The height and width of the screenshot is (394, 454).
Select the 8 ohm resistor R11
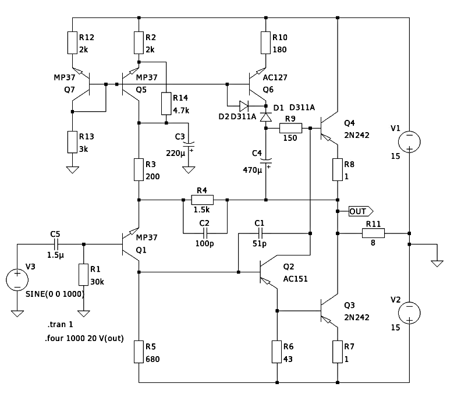pos(373,233)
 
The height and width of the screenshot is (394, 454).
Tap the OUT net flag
pos(360,211)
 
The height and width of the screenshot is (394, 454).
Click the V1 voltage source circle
pos(409,141)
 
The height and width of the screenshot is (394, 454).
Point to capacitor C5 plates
pos(55,244)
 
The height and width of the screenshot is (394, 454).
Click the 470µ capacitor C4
pos(266,158)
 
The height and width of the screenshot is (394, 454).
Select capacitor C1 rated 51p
pos(259,232)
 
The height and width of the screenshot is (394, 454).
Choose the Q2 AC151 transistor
pos(268,272)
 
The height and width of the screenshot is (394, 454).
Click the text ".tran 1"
pos(61,324)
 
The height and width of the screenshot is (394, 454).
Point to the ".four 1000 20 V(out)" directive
pos(85,338)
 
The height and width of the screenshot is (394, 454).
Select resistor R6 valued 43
pos(277,351)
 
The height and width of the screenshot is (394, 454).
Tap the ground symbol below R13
pos(73,170)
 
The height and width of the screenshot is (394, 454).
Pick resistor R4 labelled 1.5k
pos(202,200)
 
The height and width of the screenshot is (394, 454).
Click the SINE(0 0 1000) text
pos(55,294)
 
